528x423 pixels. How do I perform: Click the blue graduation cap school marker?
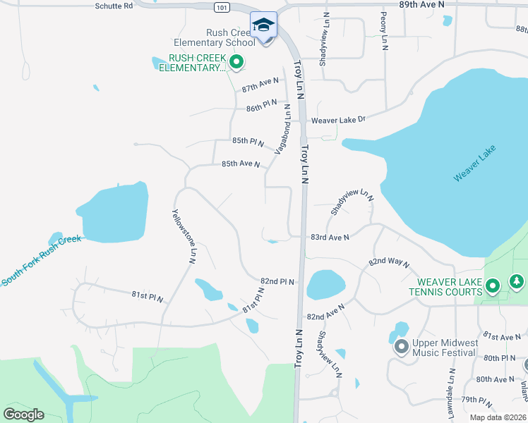[264, 25]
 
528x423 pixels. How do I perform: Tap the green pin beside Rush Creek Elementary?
[236, 63]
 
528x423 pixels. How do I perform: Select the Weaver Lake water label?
[474, 163]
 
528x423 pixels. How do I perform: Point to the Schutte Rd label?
[113, 5]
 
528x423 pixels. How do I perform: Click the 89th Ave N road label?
[421, 4]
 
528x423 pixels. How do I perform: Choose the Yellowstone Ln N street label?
[182, 236]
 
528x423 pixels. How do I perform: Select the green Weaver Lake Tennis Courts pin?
[493, 286]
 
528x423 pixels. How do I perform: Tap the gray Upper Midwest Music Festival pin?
[402, 346]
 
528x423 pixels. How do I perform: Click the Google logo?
[23, 415]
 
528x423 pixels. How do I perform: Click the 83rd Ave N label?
[330, 238]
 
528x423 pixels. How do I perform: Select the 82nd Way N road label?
[388, 262]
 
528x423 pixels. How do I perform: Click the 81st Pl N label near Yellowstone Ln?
[147, 298]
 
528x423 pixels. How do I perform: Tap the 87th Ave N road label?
[260, 85]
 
